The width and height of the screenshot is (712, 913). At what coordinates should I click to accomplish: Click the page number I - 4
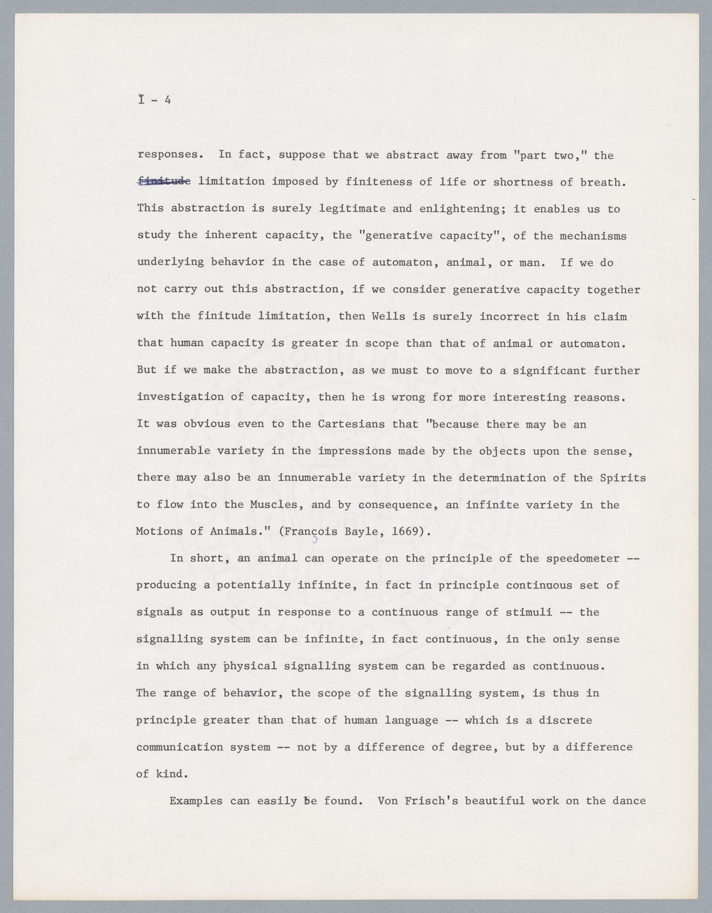click(x=155, y=100)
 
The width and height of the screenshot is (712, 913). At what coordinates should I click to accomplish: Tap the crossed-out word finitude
click(x=164, y=182)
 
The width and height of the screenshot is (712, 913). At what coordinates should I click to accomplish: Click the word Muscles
click(x=274, y=505)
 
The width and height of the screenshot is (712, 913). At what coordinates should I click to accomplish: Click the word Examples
click(x=196, y=800)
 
